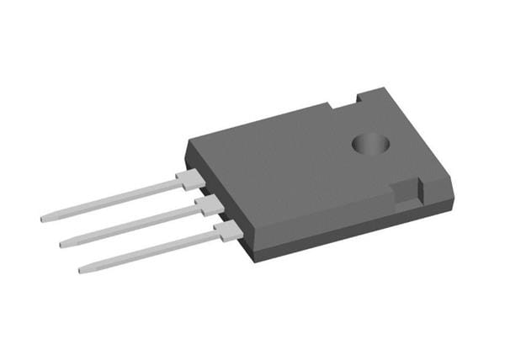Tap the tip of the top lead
click(43, 220)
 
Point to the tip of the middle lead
click(62, 244)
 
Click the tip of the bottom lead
click(82, 270)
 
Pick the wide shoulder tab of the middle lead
click(207, 204)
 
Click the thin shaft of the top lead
click(109, 201)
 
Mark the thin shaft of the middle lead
click(130, 225)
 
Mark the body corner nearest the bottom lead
click(250, 256)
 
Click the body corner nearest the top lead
click(187, 140)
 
